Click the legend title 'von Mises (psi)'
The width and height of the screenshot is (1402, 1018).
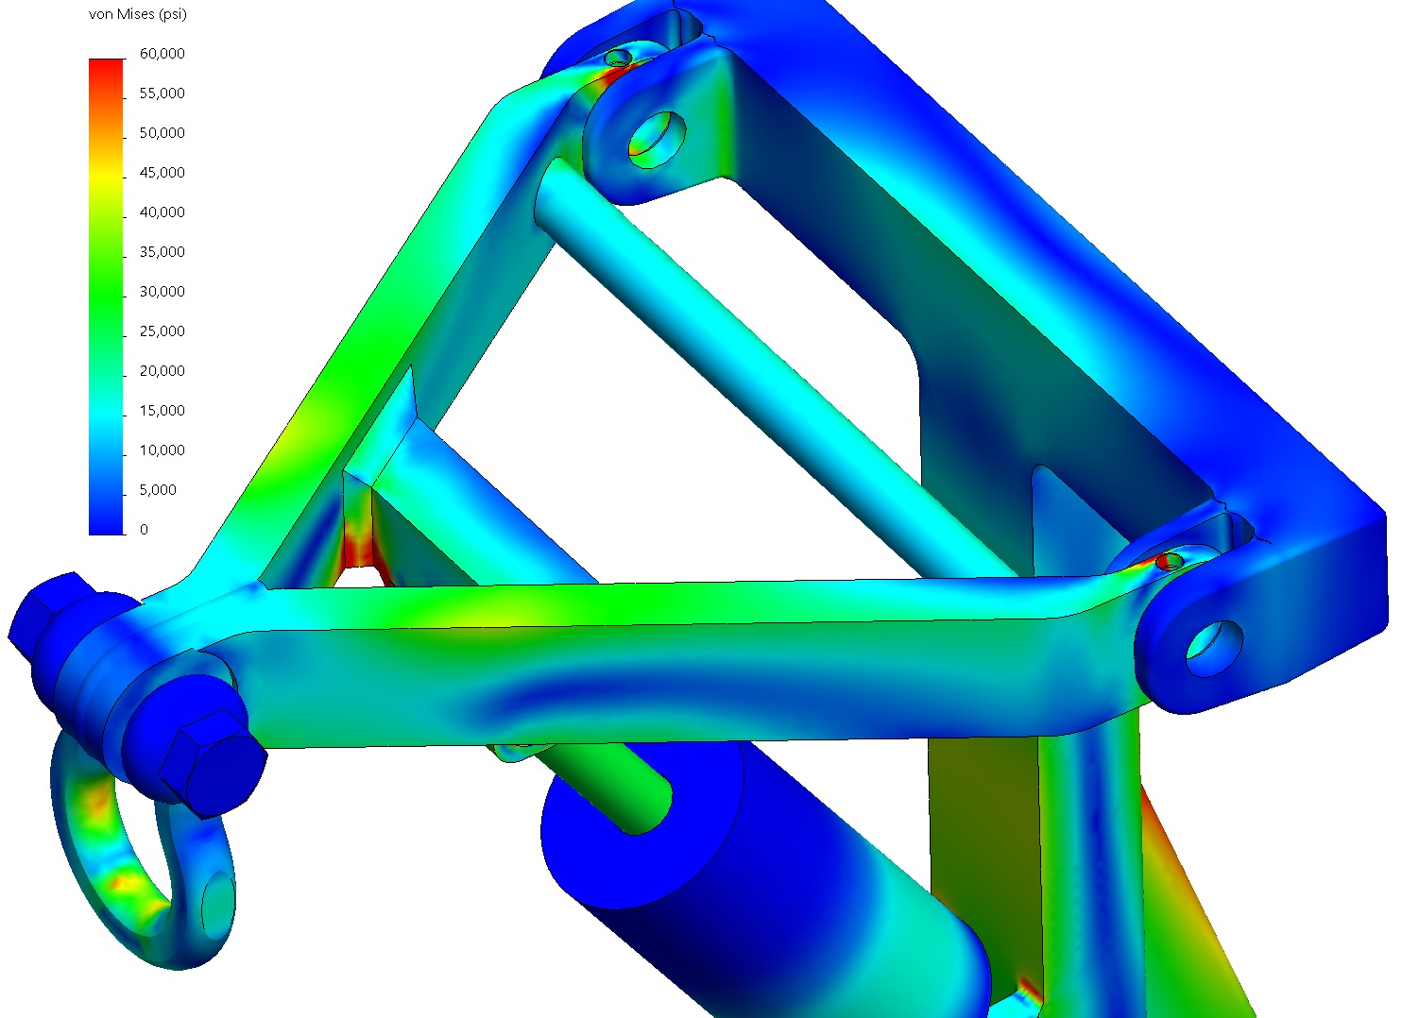pyautogui.click(x=137, y=15)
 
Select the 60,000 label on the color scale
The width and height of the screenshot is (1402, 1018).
pyautogui.click(x=162, y=54)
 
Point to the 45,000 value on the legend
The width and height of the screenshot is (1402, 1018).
pyautogui.click(x=162, y=173)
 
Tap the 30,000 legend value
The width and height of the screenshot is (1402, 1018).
pyautogui.click(x=162, y=292)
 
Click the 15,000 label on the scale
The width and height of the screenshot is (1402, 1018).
pyautogui.click(x=162, y=411)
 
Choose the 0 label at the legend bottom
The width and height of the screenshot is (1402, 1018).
pyautogui.click(x=144, y=530)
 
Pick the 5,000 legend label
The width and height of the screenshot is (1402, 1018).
pyautogui.click(x=158, y=490)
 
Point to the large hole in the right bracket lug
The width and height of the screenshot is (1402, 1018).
pyautogui.click(x=1215, y=647)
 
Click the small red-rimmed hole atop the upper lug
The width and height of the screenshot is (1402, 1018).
pyautogui.click(x=617, y=59)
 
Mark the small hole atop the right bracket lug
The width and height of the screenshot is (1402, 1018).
pyautogui.click(x=1169, y=562)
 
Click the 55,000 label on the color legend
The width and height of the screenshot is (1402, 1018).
pyautogui.click(x=162, y=93)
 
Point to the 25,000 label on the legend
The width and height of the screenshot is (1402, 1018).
pyautogui.click(x=162, y=331)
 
